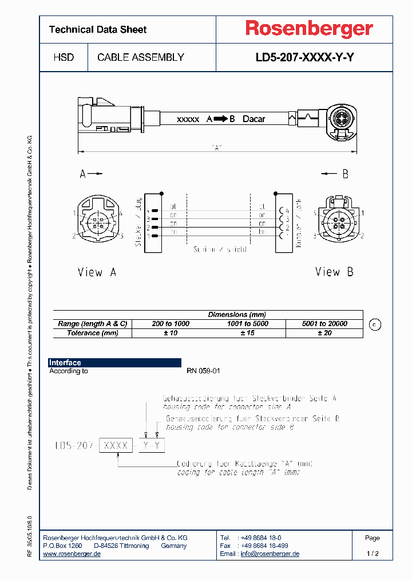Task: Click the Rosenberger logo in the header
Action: coord(309,29)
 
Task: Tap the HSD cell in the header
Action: coord(64,57)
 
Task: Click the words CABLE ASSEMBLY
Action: coord(141,57)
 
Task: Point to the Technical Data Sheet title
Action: coord(98,29)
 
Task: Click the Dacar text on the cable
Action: coord(254,119)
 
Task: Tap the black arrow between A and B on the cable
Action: coord(221,119)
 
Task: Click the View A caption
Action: coord(97,272)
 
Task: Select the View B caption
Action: coord(334,272)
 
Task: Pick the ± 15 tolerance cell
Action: coord(248,333)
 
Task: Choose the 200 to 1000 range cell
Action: coord(171,324)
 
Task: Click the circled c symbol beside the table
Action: coord(375,324)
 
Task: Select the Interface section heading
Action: coord(65,363)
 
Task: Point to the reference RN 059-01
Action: coord(203,371)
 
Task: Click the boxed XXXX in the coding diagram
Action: coord(116,445)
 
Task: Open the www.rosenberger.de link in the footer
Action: coord(72,554)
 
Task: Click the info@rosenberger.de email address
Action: coord(270,554)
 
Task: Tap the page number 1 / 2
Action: coord(373,554)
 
